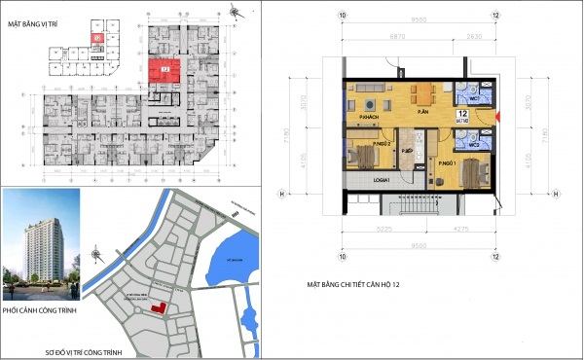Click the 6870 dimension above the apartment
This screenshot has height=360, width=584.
tap(397, 36)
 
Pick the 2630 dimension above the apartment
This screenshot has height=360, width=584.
tap(473, 36)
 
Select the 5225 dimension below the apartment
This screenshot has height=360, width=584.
tap(385, 229)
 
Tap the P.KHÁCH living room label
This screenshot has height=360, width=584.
tap(368, 118)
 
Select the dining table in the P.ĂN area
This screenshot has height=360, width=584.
tap(421, 95)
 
